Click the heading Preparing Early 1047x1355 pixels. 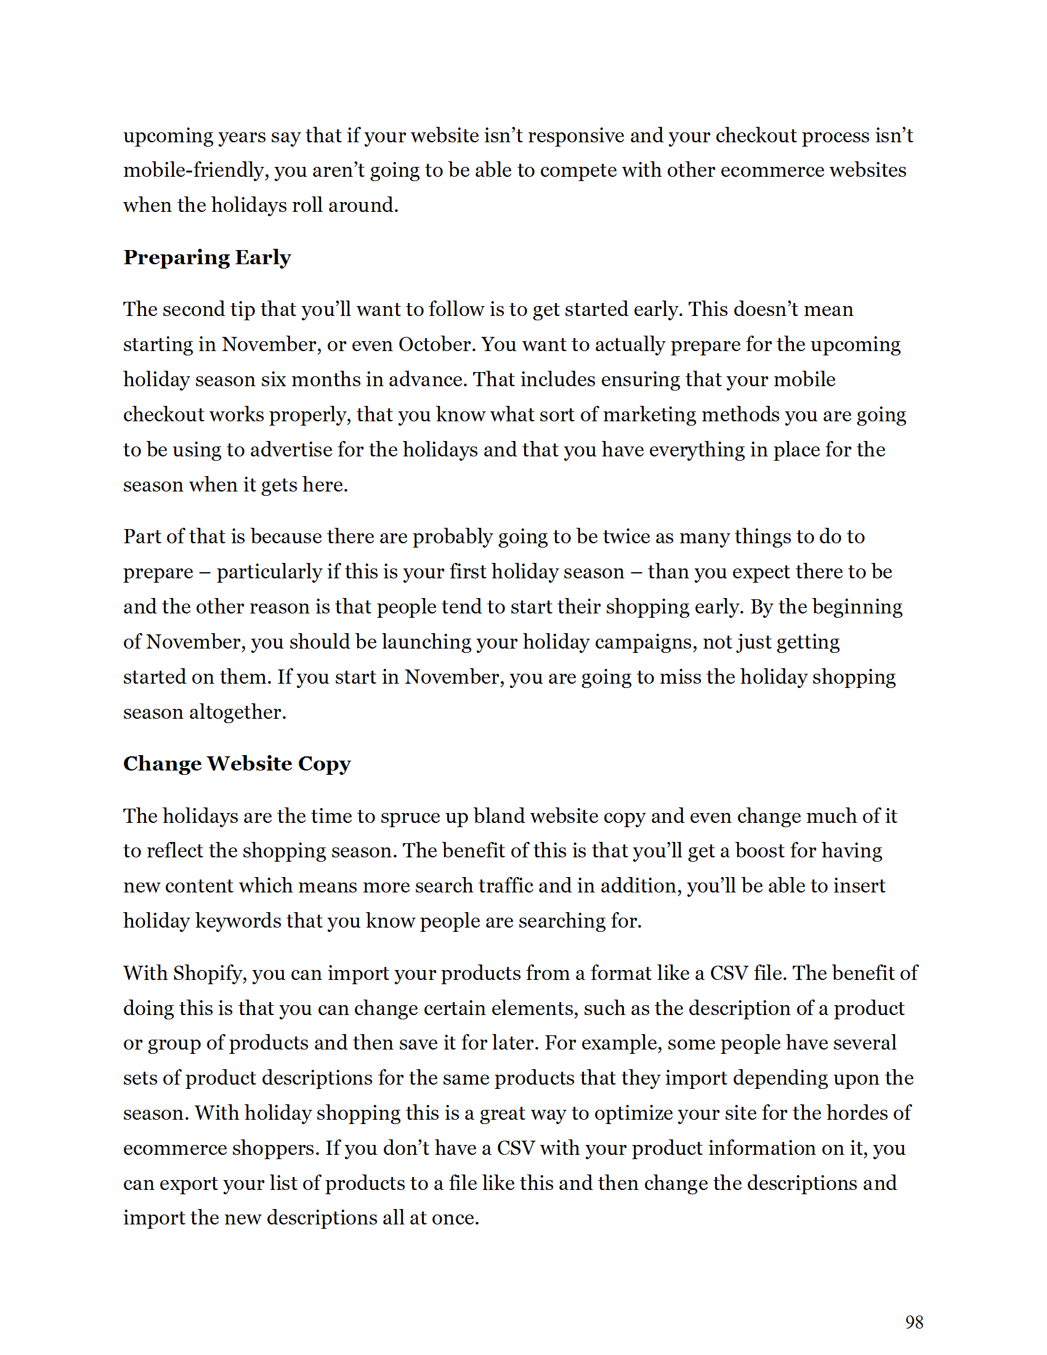coord(206,257)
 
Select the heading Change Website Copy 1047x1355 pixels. coord(236,763)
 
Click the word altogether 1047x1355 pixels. coord(238,711)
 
